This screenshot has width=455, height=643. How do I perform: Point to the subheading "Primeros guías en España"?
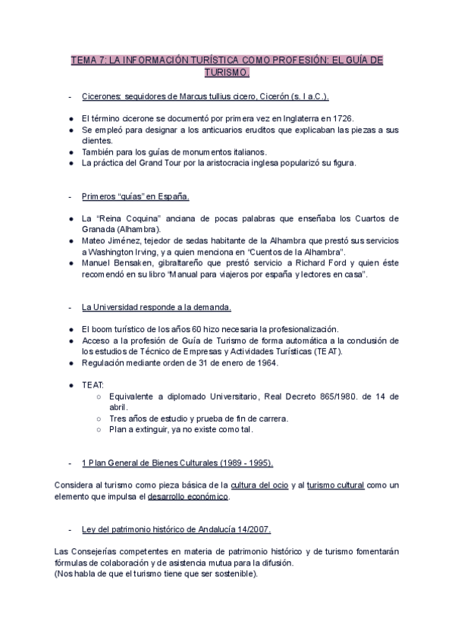coord(135,197)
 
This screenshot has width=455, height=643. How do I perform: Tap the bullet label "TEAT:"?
coord(93,385)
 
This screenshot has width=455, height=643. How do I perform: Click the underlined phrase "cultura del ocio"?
coord(257,485)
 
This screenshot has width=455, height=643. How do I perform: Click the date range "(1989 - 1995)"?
coord(245,463)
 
